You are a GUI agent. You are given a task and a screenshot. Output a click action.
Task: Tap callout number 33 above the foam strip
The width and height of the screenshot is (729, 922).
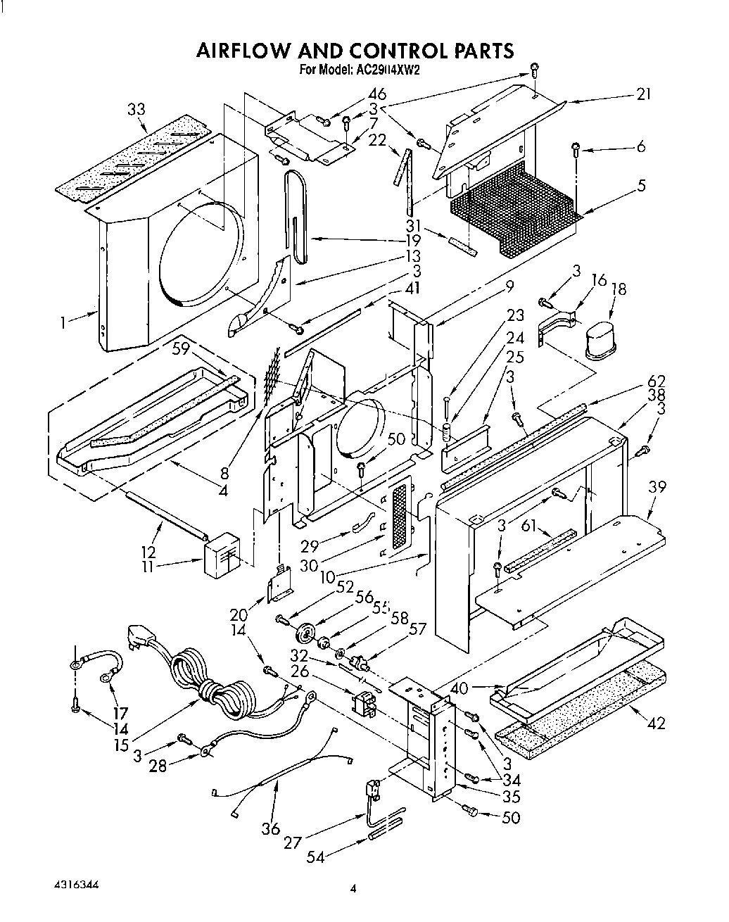pos(137,109)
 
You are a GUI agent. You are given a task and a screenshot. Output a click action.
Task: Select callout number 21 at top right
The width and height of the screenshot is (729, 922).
pos(643,94)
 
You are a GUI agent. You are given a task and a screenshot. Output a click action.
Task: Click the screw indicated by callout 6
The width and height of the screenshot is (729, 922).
pos(576,149)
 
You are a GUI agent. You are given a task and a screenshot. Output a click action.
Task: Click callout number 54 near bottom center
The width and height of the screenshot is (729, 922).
pos(317,857)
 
